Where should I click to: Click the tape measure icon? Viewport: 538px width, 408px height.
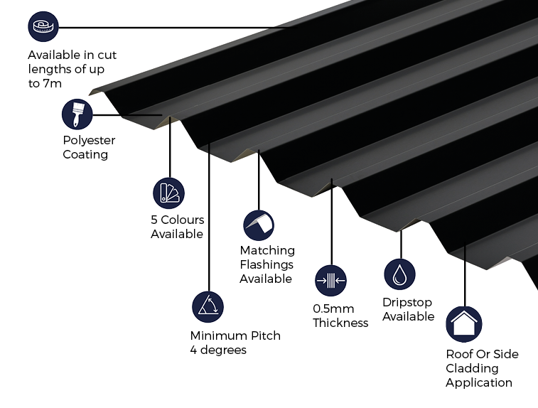43,27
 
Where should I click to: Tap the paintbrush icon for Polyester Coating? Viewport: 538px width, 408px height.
77,114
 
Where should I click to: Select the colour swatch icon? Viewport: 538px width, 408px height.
168,193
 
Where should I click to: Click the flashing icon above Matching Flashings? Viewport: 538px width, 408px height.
259,225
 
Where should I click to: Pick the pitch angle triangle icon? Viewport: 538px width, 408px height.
208,306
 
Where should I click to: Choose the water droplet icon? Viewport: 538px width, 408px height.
399,274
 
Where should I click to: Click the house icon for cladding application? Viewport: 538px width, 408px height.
463,324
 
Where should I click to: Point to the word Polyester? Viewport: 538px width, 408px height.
89,140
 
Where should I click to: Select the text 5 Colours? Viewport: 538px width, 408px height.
177,220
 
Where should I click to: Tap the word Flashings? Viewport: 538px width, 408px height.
266,264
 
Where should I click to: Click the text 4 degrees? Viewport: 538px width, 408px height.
218,350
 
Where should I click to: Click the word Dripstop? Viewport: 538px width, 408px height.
407,303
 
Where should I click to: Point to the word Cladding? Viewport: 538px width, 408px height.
472,368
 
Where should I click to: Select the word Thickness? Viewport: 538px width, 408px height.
340,323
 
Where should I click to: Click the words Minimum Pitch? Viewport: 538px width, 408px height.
235,335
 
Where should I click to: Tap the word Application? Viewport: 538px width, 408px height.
479,382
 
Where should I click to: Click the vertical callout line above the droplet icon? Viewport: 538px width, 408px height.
401,244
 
